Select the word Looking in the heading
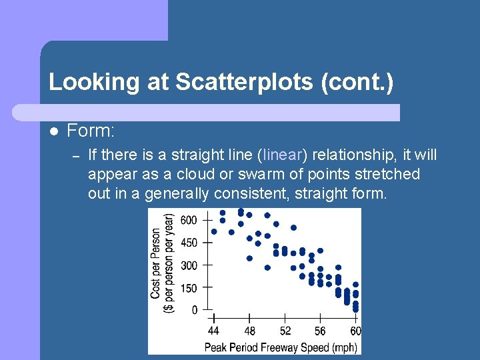click(x=92, y=82)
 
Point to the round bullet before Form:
click(x=54, y=131)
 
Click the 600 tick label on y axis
click(x=189, y=220)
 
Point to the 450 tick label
click(x=189, y=243)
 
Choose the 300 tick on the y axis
click(x=189, y=265)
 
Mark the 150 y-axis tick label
click(x=189, y=288)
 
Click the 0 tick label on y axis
click(x=194, y=310)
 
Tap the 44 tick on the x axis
click(x=213, y=331)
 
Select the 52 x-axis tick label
click(x=285, y=331)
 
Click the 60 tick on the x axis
click(x=355, y=331)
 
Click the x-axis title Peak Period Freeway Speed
click(x=280, y=347)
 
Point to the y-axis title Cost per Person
click(x=155, y=263)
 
